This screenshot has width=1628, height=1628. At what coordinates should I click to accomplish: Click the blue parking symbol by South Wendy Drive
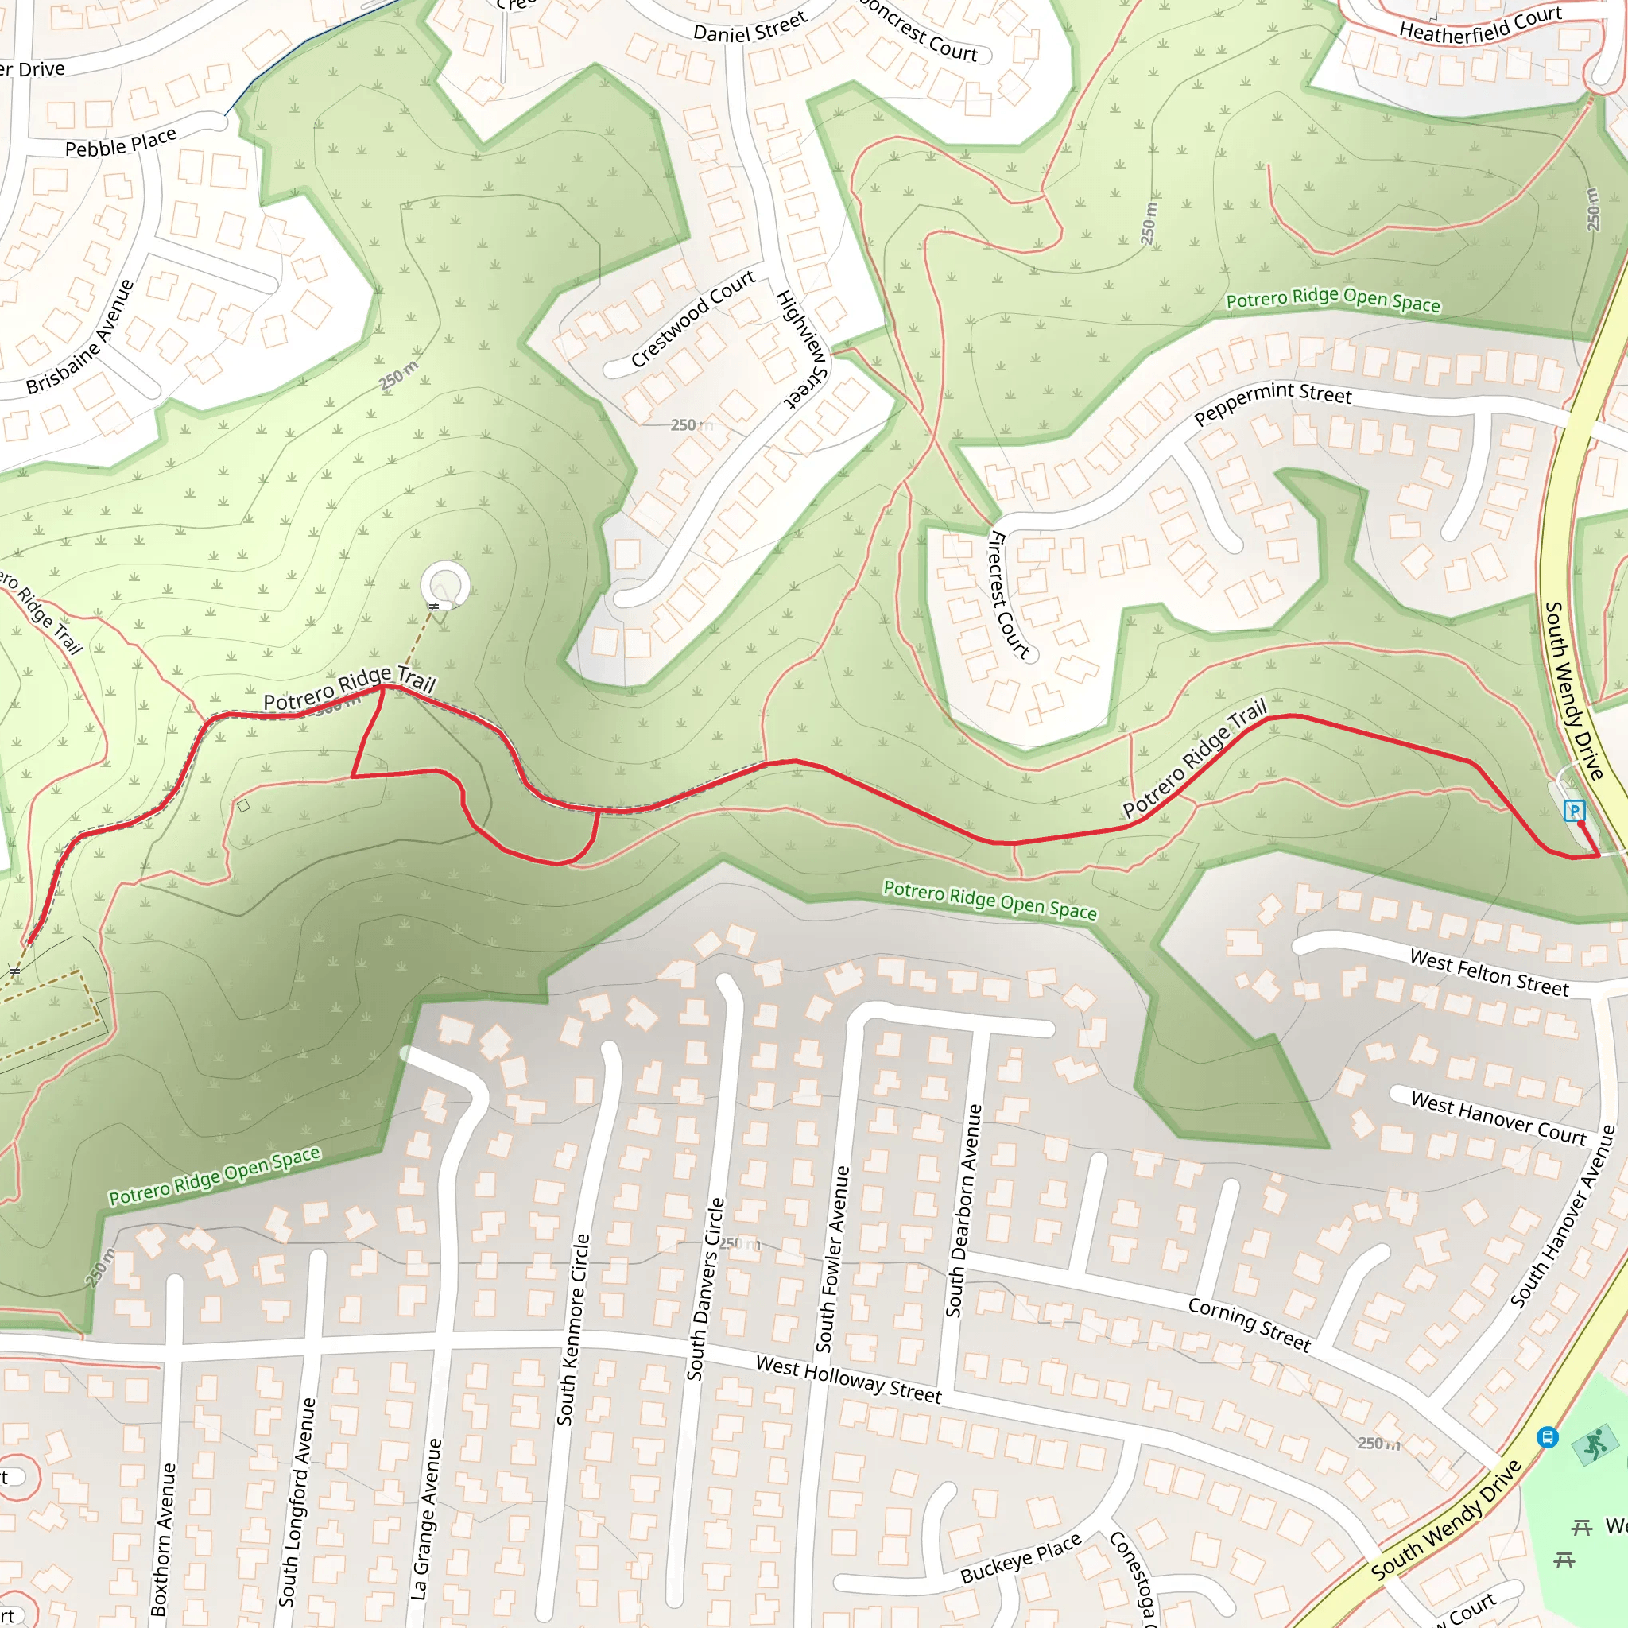click(x=1573, y=811)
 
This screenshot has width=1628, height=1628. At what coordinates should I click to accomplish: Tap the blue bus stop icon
click(x=1547, y=1436)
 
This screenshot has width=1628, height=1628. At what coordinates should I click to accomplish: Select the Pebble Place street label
click(x=121, y=142)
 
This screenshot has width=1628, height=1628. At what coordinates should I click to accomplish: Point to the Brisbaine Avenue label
click(x=80, y=337)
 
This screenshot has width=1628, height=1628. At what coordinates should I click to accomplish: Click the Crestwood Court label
click(x=692, y=320)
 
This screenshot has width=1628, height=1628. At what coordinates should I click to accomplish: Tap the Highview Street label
click(x=801, y=349)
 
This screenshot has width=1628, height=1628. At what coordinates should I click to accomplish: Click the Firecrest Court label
click(x=1009, y=594)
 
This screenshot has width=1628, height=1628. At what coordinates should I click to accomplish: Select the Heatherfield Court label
click(x=1480, y=24)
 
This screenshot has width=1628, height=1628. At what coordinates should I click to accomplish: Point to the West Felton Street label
click(x=1489, y=972)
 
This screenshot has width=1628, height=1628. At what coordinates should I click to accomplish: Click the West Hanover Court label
click(x=1498, y=1118)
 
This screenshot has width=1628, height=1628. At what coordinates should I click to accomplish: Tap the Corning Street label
click(x=1249, y=1323)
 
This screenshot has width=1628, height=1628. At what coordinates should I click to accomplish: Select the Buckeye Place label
click(x=1021, y=1558)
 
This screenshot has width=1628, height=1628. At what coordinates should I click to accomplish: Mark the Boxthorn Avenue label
click(x=164, y=1537)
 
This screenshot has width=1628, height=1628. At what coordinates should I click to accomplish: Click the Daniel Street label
click(x=750, y=27)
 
